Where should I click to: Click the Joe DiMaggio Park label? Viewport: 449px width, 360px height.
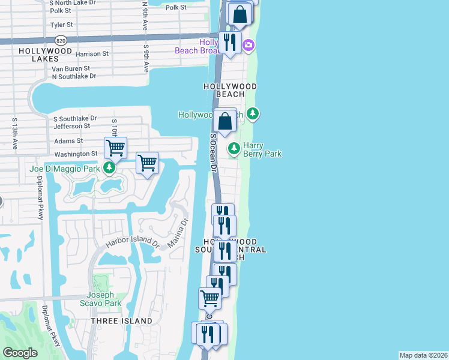(x=64, y=169)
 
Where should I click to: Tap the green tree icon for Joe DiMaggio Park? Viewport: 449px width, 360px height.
(x=109, y=168)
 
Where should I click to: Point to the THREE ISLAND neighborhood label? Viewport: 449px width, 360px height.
(x=121, y=321)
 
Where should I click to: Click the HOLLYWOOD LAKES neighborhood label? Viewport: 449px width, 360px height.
(x=45, y=56)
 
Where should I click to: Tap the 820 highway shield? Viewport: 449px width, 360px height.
(x=60, y=40)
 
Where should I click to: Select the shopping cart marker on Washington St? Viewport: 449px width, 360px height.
(x=115, y=146)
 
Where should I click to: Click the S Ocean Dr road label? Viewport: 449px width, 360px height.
(x=213, y=153)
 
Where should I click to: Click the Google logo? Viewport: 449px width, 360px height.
(x=20, y=353)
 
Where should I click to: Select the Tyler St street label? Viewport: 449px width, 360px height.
(x=62, y=25)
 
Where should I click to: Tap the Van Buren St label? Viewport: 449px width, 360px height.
(x=71, y=68)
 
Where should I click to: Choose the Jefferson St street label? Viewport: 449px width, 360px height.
(x=72, y=126)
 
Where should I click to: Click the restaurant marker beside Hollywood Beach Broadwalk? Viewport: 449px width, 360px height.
(x=229, y=42)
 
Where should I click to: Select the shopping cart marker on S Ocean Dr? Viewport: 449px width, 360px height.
(x=209, y=297)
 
